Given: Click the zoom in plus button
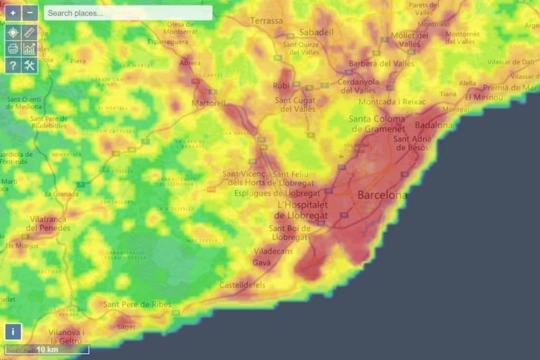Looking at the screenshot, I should click(x=13, y=13).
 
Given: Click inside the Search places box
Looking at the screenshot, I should click(x=128, y=13).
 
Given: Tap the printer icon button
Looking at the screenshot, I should click(x=13, y=49).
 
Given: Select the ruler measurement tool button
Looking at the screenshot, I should click(x=30, y=32).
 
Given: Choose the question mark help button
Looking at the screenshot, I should click(x=13, y=65).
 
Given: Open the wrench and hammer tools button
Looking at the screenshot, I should click(x=30, y=65).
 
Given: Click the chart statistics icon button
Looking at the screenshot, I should click(x=30, y=49).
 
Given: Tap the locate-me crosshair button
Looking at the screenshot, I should click(x=13, y=32).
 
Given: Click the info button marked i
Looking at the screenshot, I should click(x=13, y=332).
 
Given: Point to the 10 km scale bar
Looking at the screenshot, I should click(x=47, y=349).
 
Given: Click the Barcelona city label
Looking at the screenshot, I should click(x=382, y=196).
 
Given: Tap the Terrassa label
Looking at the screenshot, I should click(x=266, y=21).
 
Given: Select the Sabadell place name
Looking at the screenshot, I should click(x=316, y=32).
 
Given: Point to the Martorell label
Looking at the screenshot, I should click(x=208, y=103).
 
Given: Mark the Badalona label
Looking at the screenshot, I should click(x=433, y=125).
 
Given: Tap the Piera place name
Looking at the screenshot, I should click(x=78, y=61).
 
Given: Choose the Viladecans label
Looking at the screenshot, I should click(x=273, y=251).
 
